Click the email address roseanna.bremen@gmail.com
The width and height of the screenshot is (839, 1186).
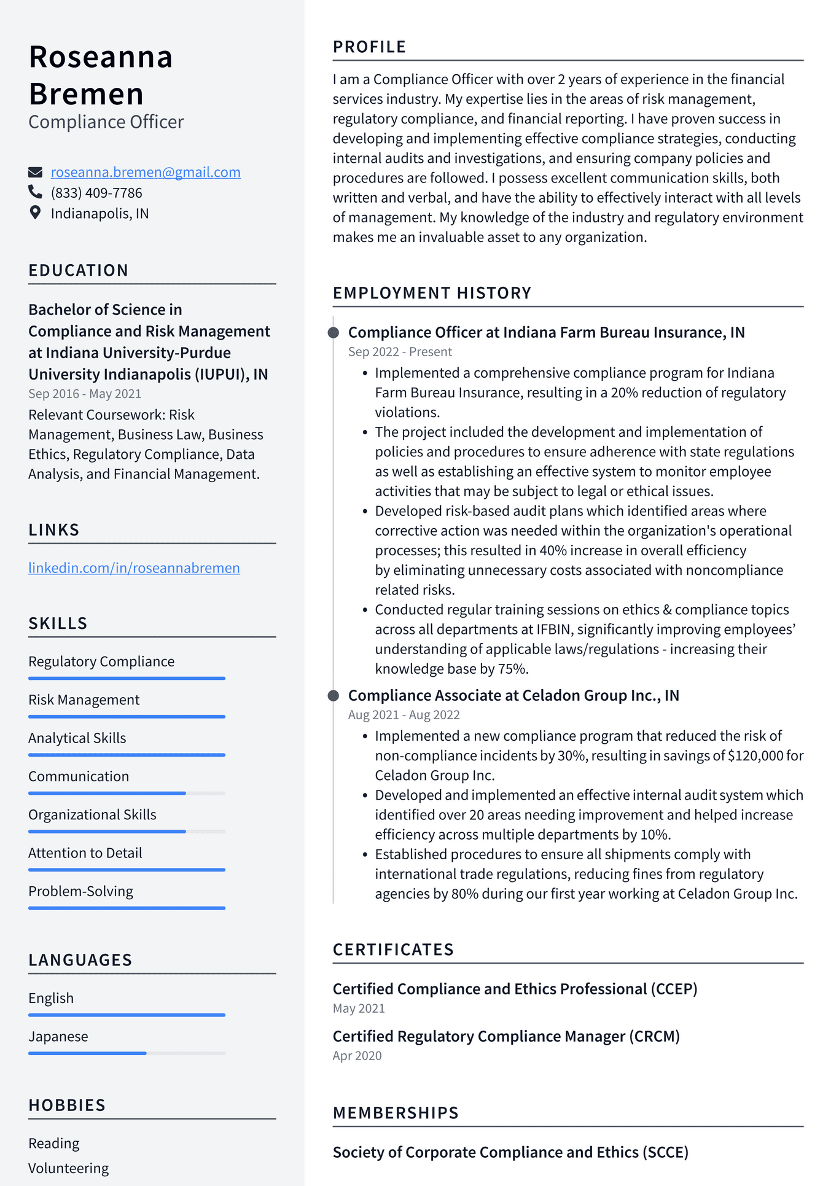coord(146,173)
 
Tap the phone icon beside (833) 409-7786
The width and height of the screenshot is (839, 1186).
coord(35,192)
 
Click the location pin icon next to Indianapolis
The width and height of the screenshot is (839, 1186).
coord(35,213)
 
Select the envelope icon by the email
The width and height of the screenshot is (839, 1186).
coord(35,172)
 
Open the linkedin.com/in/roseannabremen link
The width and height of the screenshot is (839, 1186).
coord(134,568)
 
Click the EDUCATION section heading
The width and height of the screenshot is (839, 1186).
coord(79,271)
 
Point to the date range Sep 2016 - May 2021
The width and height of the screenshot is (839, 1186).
coord(85,394)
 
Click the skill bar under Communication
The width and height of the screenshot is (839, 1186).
coord(127,794)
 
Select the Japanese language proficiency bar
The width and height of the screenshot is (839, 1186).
coord(127,1053)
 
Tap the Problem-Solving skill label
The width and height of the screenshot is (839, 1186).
coord(80,891)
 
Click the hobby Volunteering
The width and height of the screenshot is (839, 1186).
coord(68,1168)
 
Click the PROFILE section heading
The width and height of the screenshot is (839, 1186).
coord(369,47)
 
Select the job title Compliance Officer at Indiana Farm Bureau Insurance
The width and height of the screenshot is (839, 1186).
coord(546,333)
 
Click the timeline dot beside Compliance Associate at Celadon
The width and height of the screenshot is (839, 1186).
coord(334,696)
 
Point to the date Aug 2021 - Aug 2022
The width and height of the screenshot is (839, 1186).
coord(404,715)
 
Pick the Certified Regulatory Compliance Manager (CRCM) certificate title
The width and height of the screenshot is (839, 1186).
coord(506,1037)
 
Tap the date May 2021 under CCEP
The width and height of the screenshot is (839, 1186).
coord(359,1008)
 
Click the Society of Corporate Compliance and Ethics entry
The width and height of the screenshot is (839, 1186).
coord(510,1153)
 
